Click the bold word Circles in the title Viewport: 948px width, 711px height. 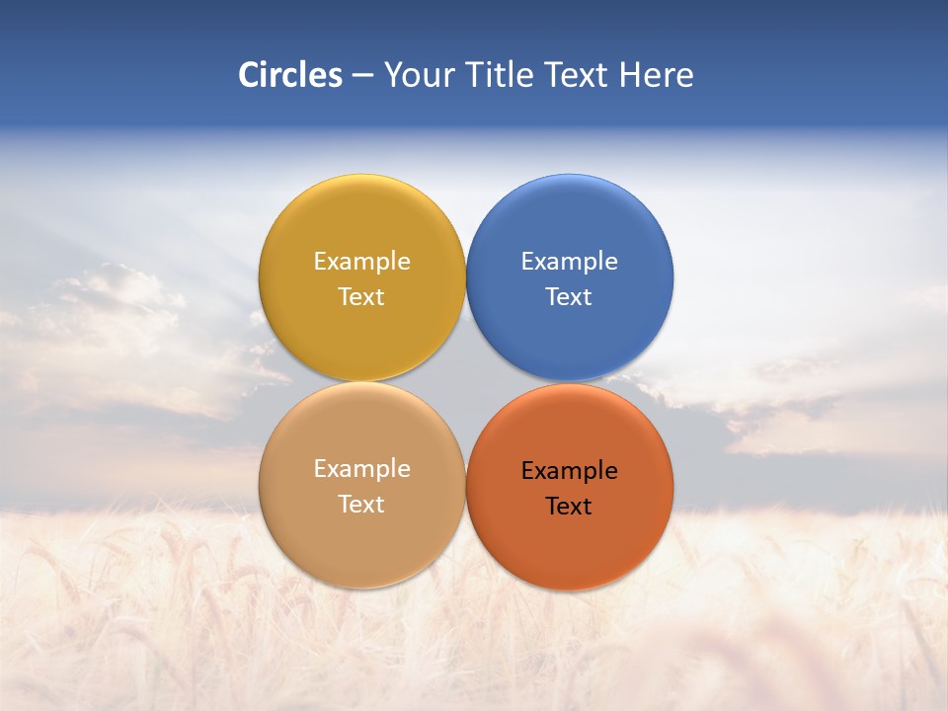[x=290, y=75]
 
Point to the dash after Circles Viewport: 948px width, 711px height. [x=362, y=76]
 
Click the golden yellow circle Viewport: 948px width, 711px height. [x=361, y=227]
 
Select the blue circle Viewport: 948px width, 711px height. [x=570, y=227]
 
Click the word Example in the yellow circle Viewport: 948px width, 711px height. [x=361, y=262]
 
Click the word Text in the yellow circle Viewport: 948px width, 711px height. [x=361, y=297]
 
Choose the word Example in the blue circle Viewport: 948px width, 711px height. [x=570, y=262]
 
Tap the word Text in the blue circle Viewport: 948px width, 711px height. [x=570, y=297]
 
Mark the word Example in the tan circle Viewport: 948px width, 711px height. [x=361, y=469]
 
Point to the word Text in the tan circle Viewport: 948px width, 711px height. [x=361, y=505]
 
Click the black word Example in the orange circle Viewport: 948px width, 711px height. [x=570, y=471]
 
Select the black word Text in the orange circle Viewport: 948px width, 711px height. [x=570, y=507]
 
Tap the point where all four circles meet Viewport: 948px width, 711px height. [x=466, y=382]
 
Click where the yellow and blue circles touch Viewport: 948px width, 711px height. [x=466, y=277]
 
